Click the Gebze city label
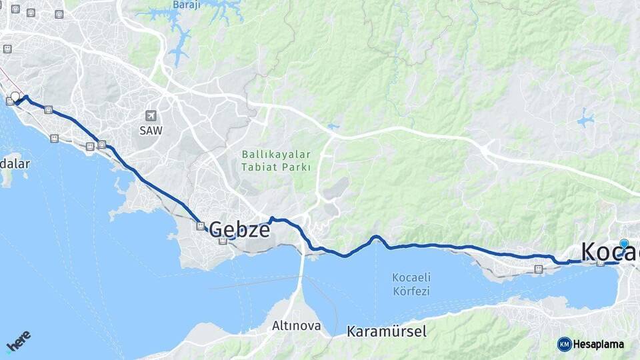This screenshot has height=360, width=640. pyautogui.click(x=240, y=230)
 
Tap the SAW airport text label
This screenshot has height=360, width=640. pyautogui.click(x=151, y=131)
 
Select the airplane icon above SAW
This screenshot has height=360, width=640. pyautogui.click(x=151, y=116)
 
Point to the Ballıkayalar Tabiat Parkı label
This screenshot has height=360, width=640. pyautogui.click(x=276, y=161)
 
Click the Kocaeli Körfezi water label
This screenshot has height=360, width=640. pyautogui.click(x=411, y=284)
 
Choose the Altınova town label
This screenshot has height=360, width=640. pyautogui.click(x=296, y=326)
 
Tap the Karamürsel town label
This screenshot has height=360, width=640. pyautogui.click(x=387, y=331)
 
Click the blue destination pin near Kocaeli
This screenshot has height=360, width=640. pyautogui.click(x=623, y=245)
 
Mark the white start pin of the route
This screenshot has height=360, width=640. pyautogui.click(x=15, y=97)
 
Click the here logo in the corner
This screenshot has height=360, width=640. pyautogui.click(x=19, y=341)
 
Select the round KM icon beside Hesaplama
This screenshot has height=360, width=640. pyautogui.click(x=564, y=344)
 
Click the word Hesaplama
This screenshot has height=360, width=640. pyautogui.click(x=599, y=344)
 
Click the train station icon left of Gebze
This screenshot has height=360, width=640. pyautogui.click(x=200, y=226)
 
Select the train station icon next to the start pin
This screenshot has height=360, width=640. pyautogui.click(x=9, y=101)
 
